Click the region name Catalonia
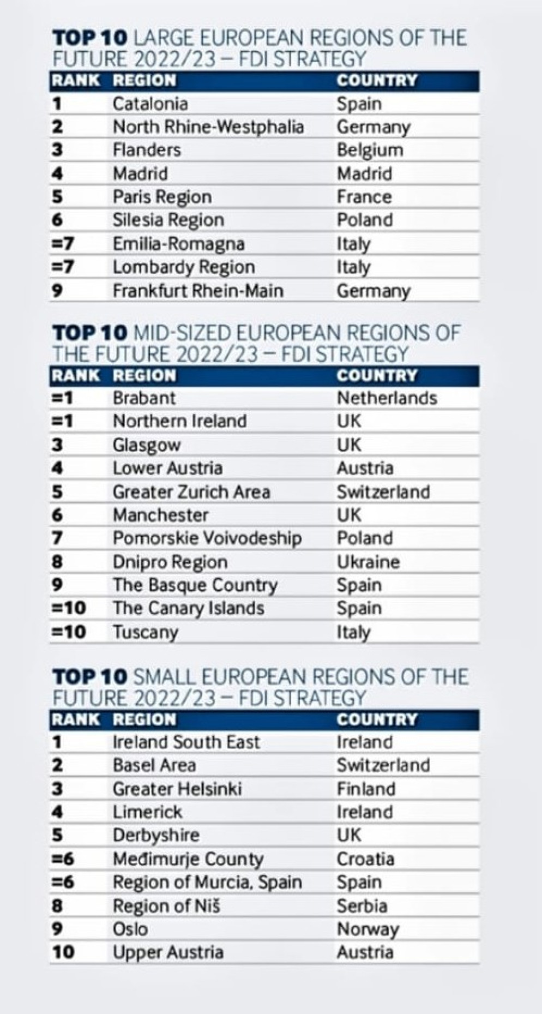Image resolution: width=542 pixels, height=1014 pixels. (x=150, y=104)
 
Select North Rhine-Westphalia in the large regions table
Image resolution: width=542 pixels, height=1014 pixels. (x=208, y=127)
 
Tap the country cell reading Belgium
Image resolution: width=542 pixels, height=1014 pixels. (x=370, y=150)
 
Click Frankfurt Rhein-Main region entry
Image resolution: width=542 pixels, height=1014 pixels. (x=198, y=290)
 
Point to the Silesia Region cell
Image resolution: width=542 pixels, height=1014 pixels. (x=168, y=220)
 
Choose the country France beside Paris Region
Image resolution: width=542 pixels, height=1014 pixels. (x=364, y=197)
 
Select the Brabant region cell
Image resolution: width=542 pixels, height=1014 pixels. (x=144, y=398)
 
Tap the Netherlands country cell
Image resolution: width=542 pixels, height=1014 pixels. (x=387, y=398)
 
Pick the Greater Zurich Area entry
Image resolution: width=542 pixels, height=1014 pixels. (x=191, y=492)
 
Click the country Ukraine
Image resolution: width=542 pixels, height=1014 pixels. (x=368, y=562)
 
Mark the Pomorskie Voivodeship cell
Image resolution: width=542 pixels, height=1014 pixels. (x=207, y=538)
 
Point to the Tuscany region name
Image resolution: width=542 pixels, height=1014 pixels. (x=145, y=632)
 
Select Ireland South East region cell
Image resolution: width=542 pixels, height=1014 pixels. (x=186, y=742)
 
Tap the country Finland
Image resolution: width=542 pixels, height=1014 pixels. (x=366, y=789)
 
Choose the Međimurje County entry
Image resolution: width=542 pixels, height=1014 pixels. (x=188, y=859)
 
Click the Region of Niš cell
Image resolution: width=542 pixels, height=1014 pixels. (x=166, y=906)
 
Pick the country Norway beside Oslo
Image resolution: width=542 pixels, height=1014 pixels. (x=368, y=929)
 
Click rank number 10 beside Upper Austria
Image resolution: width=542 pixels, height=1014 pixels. (x=63, y=952)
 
